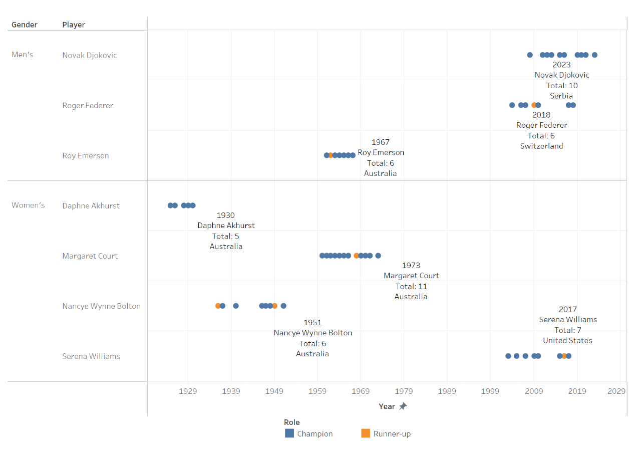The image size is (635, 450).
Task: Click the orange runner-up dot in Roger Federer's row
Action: [x=534, y=105]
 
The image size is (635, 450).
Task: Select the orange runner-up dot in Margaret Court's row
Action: [x=356, y=256]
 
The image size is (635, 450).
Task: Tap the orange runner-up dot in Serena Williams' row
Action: [x=564, y=356]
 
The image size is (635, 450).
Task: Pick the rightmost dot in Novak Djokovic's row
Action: [x=594, y=55]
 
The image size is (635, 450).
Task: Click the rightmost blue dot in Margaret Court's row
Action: [x=378, y=256]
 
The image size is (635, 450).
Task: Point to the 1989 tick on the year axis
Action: [x=447, y=391]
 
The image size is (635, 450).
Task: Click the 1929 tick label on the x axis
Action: [x=188, y=391]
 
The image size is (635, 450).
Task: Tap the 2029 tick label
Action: [x=616, y=391]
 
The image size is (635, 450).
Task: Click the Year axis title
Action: [x=387, y=406]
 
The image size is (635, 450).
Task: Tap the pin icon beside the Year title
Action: [x=403, y=406]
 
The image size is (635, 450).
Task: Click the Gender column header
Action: [x=25, y=25]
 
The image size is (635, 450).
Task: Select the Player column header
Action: [x=74, y=25]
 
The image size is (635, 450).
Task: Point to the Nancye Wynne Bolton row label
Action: [x=101, y=306]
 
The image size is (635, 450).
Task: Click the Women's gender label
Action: [x=28, y=205]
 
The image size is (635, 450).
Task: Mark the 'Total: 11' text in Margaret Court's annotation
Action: [x=411, y=286]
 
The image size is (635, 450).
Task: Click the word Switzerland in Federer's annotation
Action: [x=541, y=146]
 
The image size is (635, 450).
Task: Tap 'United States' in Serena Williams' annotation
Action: [x=567, y=340]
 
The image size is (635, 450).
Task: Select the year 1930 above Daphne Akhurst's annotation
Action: [x=225, y=215]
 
